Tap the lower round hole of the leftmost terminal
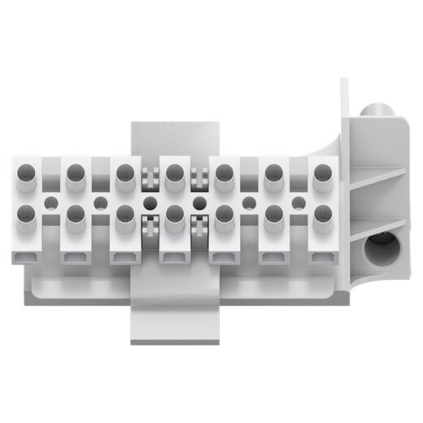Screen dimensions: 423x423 (25, 214)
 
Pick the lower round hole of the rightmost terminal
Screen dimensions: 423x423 (324, 214)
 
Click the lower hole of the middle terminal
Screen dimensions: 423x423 (174, 214)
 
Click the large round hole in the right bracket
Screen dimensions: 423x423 (377, 249)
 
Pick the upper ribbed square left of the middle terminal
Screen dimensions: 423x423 (150, 173)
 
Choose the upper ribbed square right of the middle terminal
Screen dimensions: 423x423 (199, 173)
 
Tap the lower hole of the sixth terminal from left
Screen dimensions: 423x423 (274, 214)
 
